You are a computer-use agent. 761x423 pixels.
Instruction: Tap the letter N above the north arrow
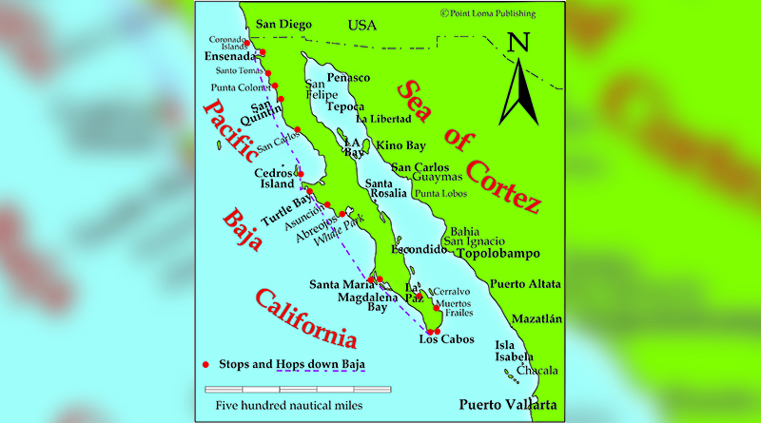pos(518,43)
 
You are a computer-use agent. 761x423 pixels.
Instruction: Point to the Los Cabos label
pos(444,339)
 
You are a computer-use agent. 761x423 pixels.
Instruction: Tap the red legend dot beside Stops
pos(206,364)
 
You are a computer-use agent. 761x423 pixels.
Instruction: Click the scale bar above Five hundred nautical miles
pos(298,389)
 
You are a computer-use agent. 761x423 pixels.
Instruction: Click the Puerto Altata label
pos(525,284)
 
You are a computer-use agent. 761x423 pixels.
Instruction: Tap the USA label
pos(361,25)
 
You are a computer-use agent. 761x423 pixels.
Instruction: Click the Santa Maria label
pos(339,283)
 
